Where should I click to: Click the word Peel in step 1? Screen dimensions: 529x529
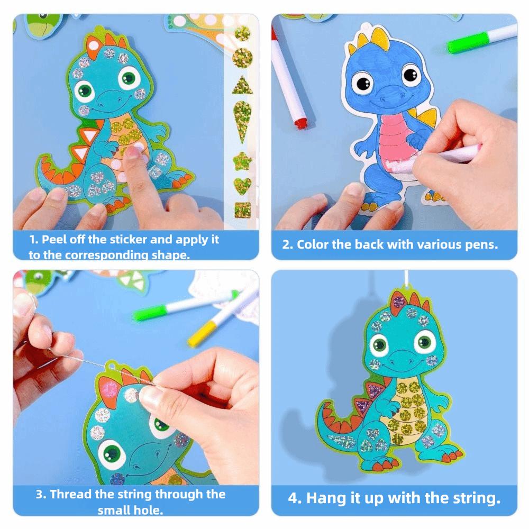click(54, 239)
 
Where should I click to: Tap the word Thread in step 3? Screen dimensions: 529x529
click(72, 495)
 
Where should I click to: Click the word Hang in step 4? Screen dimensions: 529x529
click(323, 498)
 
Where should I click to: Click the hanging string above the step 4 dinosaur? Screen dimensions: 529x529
click(405, 280)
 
